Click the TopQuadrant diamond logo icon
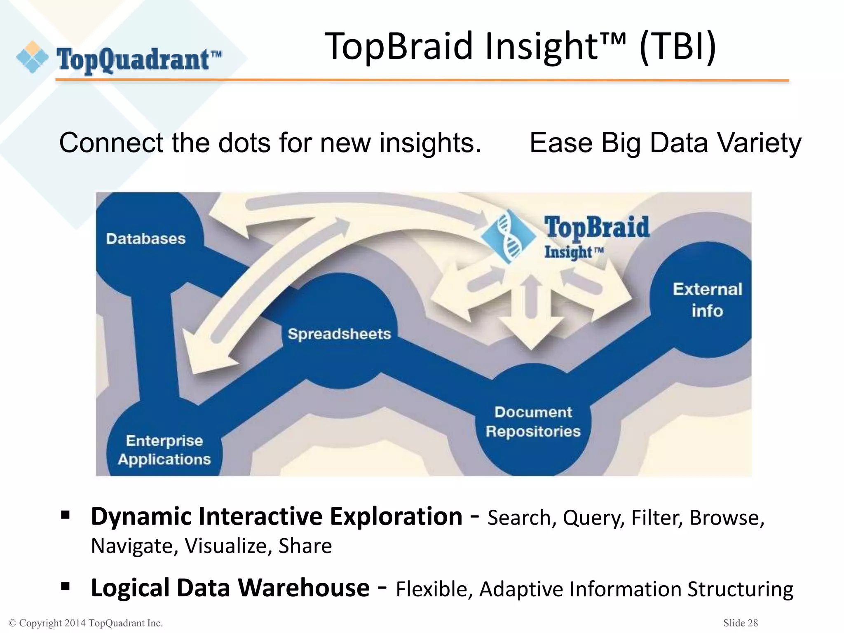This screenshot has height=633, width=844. (x=32, y=57)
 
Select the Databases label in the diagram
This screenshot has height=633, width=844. (x=145, y=239)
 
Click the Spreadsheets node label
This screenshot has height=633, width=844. (x=339, y=334)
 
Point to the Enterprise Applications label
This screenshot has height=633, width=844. (x=164, y=450)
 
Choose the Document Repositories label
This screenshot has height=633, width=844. (x=533, y=422)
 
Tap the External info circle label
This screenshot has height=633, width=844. (x=707, y=300)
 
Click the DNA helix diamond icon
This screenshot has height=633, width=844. (x=509, y=237)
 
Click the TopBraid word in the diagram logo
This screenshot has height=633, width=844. (x=596, y=228)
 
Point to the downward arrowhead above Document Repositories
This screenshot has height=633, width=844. (x=531, y=334)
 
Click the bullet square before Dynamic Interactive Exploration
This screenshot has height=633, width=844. (x=65, y=515)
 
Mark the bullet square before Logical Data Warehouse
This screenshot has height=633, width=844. (x=65, y=586)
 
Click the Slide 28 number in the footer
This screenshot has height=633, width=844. (x=740, y=623)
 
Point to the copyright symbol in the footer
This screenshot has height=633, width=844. (x=12, y=623)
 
